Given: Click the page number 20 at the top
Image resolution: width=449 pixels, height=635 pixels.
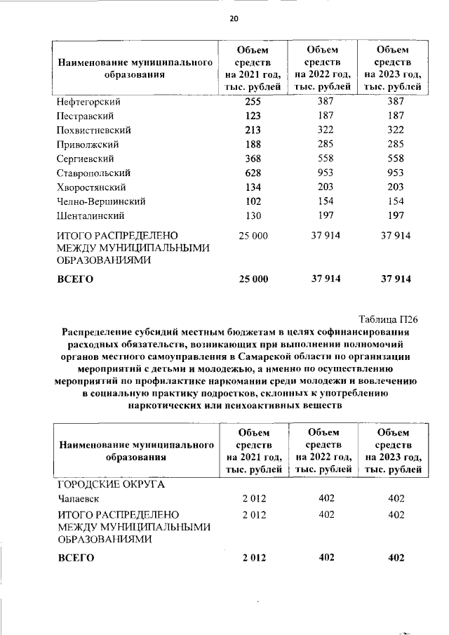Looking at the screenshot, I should coord(234,19).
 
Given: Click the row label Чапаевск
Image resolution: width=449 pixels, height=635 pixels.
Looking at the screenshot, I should coord(79,498).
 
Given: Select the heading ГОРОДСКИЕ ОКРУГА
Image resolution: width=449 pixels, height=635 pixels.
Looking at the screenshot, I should coord(110,484).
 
